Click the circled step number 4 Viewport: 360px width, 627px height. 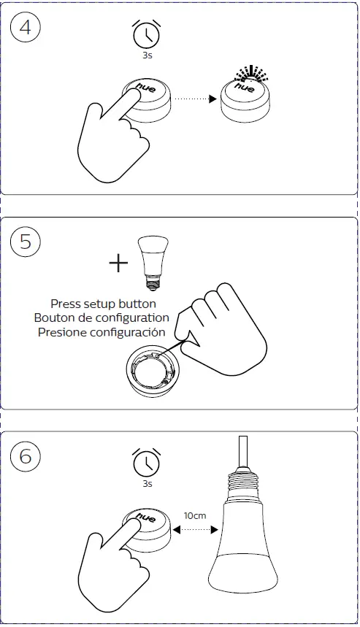coord(26,28)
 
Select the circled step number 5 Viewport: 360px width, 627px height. coord(26,242)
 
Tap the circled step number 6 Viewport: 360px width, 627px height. coord(26,456)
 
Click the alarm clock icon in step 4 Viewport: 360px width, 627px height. coord(146,34)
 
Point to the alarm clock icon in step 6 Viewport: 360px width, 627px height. coord(146,462)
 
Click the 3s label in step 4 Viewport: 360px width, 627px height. coord(148,55)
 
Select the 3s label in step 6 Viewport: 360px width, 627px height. coord(148,484)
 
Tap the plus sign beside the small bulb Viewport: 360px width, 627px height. coord(118,263)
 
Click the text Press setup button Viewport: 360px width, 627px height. coord(103,304)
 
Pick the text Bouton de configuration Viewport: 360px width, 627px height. coord(102,318)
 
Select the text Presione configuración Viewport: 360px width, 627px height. coord(102,332)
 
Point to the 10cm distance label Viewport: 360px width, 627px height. coord(195,516)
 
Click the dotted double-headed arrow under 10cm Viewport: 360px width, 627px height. coord(195,530)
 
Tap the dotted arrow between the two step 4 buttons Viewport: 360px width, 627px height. coord(195,99)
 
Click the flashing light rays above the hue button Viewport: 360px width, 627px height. coord(250,73)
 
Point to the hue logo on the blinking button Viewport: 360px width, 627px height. coord(245,87)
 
